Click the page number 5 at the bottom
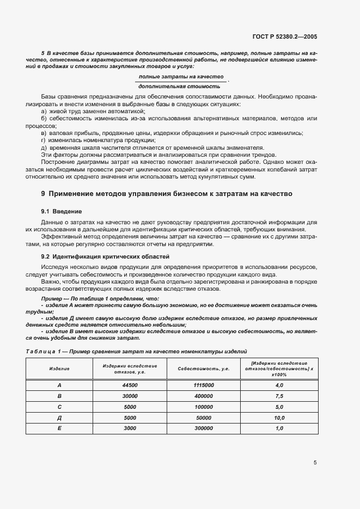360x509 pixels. pos(315,463)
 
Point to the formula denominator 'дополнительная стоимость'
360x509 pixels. pos(180,86)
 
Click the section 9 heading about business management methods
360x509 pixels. pos(167,193)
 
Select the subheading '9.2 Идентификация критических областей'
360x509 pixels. pos(106,256)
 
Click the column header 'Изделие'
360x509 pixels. pos(59,369)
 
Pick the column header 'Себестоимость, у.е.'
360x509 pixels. pos(203,369)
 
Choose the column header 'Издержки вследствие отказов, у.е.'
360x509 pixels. pos(130,369)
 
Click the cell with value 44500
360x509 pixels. pos(130,385)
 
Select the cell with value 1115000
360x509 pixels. pos(203,385)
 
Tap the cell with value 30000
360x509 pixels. pos(130,396)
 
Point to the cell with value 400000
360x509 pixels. pos(203,396)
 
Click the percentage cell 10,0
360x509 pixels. pos(279,418)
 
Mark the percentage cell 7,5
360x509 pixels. pos(279,396)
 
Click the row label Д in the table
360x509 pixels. pos(59,418)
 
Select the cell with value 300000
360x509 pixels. pos(203,428)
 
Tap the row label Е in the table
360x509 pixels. pos(59,428)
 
